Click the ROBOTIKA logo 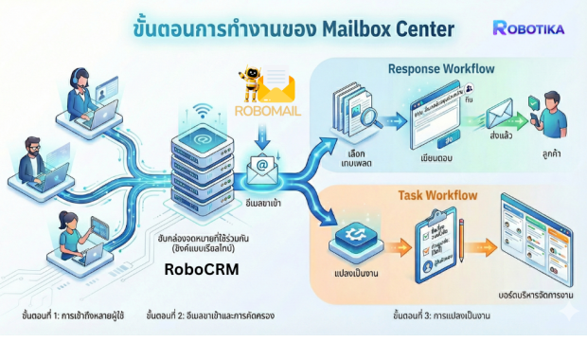[528, 28]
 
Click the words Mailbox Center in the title [373, 28]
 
